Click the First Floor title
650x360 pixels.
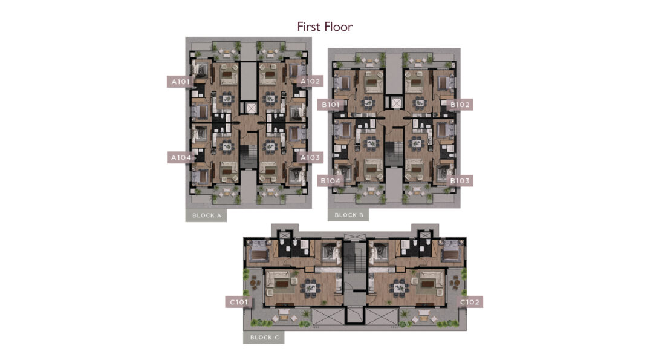point(325,27)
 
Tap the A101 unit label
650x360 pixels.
point(181,82)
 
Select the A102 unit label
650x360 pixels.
point(311,81)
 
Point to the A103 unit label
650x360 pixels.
point(310,157)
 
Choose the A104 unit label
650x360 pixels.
point(181,157)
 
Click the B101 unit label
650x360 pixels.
point(330,105)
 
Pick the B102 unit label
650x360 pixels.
point(460,105)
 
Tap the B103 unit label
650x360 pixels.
point(460,181)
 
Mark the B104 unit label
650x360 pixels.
point(330,181)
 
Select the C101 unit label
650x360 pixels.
point(239,303)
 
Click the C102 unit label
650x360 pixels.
point(470,303)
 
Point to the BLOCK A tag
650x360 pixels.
point(206,215)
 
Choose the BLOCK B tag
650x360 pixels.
point(348,215)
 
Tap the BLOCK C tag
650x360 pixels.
point(264,338)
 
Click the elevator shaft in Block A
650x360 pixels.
point(251,108)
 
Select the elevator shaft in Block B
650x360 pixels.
point(397,103)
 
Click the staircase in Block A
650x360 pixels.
point(249,156)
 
